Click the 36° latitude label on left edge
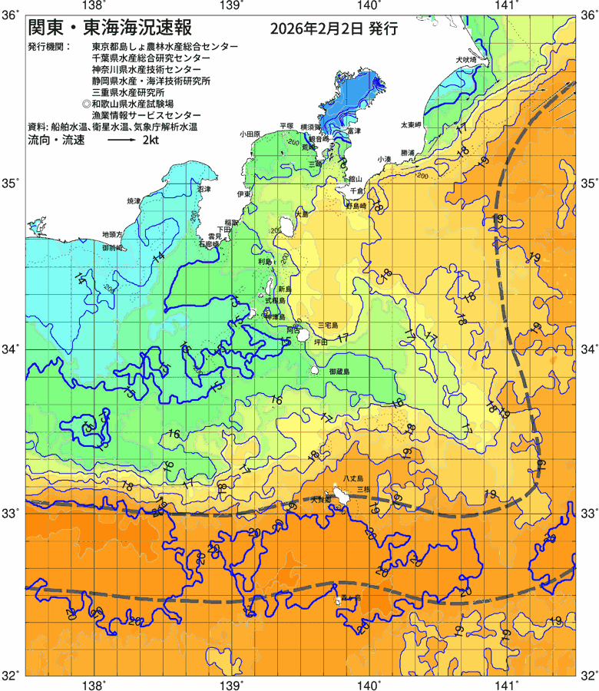pos(10,14)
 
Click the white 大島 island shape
pos(286,226)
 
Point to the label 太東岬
pos(410,124)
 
